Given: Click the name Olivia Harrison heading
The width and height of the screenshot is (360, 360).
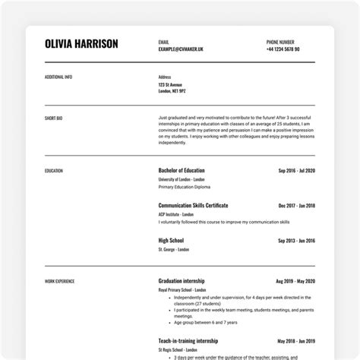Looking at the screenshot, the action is (x=82, y=44).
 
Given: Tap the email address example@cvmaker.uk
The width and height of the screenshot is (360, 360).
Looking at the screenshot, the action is (x=181, y=49).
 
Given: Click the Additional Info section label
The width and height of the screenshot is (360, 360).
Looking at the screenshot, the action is (x=58, y=77).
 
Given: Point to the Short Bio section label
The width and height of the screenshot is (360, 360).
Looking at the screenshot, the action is (x=53, y=118).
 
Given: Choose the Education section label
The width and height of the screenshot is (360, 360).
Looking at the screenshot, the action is (x=54, y=171).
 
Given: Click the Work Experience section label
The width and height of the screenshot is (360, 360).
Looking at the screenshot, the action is (x=60, y=281).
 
